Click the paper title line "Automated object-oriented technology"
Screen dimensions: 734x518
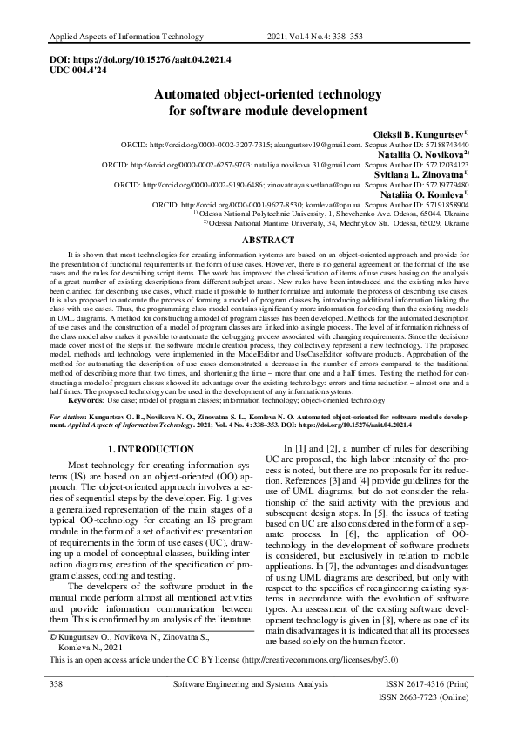tap(259, 96)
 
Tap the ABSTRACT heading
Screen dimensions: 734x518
tap(259, 239)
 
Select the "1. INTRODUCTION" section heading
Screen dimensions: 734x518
tap(142, 448)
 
